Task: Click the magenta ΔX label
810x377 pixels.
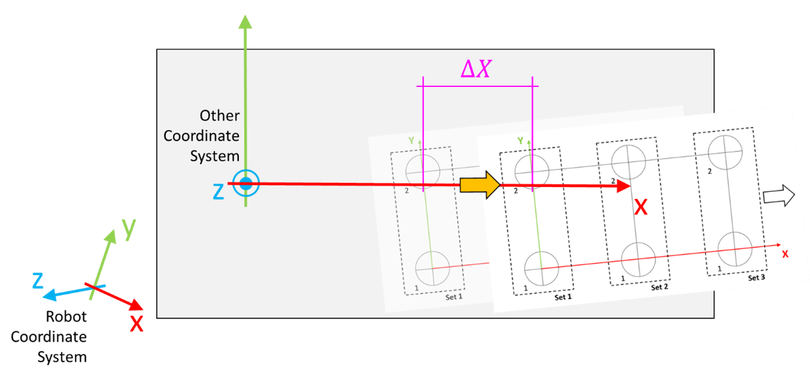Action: pos(476,70)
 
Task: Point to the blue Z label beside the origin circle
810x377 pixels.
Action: pos(218,192)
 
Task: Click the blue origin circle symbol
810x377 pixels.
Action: pos(245,184)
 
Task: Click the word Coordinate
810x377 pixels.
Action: pos(201,136)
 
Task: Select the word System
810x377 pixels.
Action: pos(215,156)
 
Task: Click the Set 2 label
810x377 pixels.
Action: pos(659,288)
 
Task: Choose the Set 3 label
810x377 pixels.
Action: pos(756,278)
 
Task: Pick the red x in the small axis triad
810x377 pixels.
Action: pos(137,324)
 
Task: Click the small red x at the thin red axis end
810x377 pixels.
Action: pos(785,254)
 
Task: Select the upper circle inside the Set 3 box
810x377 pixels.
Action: pos(725,152)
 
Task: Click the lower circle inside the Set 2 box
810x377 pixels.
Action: pos(638,259)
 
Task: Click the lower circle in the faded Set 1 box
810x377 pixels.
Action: pos(434,268)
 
